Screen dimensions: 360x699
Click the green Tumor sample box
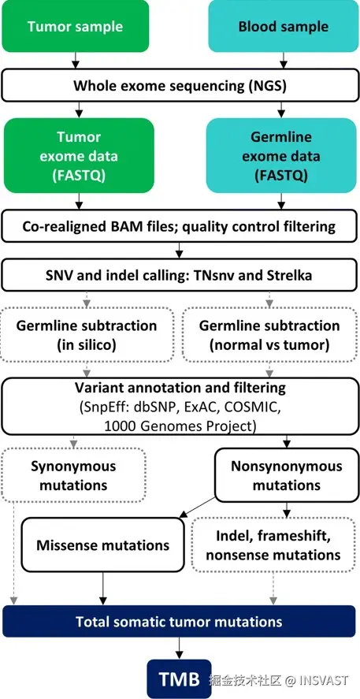click(x=75, y=26)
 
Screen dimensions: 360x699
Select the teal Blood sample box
click(x=284, y=26)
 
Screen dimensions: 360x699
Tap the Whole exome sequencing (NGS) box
click(x=180, y=85)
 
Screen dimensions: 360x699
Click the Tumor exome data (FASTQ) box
click(x=79, y=155)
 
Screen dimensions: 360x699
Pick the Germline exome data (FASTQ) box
click(x=281, y=155)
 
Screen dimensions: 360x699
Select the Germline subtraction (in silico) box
click(x=87, y=335)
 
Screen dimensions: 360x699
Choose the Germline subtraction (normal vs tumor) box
click(x=269, y=335)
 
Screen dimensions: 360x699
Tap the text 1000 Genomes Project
click(x=180, y=426)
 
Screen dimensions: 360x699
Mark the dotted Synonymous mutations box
click(x=73, y=475)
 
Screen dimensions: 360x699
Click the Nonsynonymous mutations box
click(x=287, y=475)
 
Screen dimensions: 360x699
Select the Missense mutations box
click(x=102, y=545)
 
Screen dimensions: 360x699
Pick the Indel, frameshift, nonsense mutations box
click(x=273, y=545)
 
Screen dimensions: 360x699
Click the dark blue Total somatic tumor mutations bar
click(x=180, y=622)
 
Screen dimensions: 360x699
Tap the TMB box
click(x=179, y=679)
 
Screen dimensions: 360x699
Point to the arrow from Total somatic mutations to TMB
click(x=179, y=649)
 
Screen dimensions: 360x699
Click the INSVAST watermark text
click(x=324, y=680)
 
